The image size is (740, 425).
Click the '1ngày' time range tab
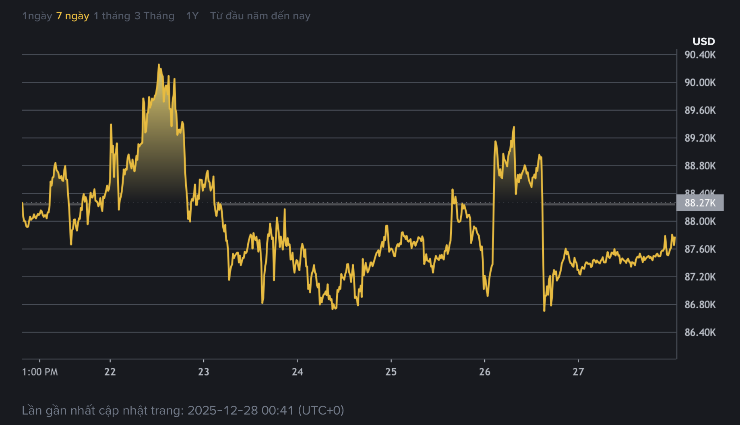coord(37,16)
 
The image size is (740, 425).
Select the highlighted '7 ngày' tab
coord(72,16)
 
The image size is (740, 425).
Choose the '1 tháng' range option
coord(112,16)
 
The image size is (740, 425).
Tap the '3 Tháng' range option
coord(154,16)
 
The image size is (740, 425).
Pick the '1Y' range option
coord(192,16)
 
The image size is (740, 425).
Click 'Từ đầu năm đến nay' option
coord(260,16)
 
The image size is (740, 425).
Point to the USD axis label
coord(703,41)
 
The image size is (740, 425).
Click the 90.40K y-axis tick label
coord(700,55)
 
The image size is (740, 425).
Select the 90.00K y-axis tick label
coord(700,83)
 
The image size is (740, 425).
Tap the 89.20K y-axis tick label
coord(700,138)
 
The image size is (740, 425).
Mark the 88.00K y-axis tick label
coord(700,221)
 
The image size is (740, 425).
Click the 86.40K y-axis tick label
coord(700,332)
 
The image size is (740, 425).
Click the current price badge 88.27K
coord(700,203)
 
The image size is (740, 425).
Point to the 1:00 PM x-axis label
coord(40,372)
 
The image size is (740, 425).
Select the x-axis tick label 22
coord(110,372)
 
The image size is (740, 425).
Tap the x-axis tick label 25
coord(391,372)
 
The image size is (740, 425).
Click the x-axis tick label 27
coord(578,372)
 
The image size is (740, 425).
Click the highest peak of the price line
coord(159,64)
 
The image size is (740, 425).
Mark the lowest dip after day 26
coord(544,310)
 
